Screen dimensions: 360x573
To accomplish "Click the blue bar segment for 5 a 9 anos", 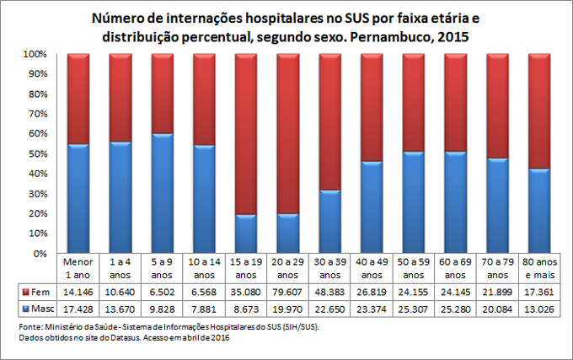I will pos(162,193).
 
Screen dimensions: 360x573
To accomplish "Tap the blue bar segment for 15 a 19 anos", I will pos(245,234).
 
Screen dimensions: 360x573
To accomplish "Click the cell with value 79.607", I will pos(287,292).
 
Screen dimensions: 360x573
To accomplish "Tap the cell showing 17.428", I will pos(78,309).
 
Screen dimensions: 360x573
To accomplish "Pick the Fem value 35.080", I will pos(245,292).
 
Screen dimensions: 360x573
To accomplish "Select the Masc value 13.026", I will pos(538,309).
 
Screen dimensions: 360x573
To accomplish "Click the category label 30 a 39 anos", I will pos(329,269).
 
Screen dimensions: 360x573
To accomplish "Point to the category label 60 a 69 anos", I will pos(454,269).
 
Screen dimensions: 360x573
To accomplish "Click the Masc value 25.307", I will pos(413,309).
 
